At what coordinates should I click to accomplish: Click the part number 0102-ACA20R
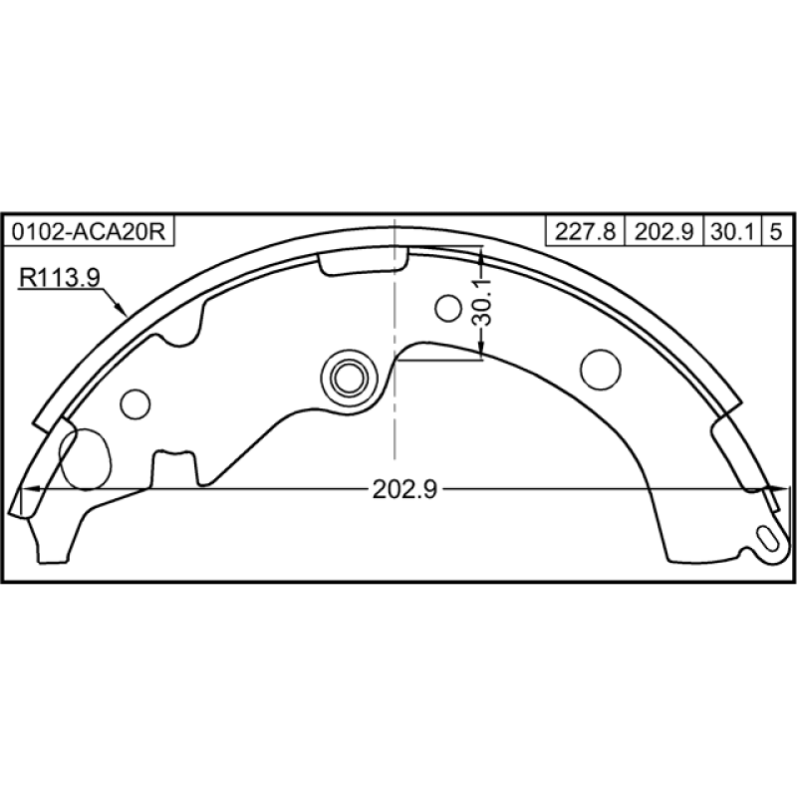89,232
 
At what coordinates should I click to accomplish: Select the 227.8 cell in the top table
585,232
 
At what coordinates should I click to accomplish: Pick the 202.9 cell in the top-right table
664,232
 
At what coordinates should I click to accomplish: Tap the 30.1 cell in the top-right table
732,232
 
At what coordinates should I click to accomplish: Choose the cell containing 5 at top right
776,232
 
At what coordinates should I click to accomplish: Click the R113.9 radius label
60,278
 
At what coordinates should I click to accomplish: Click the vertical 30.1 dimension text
481,302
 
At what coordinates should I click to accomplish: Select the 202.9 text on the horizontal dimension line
404,489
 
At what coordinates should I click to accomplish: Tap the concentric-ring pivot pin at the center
350,378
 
